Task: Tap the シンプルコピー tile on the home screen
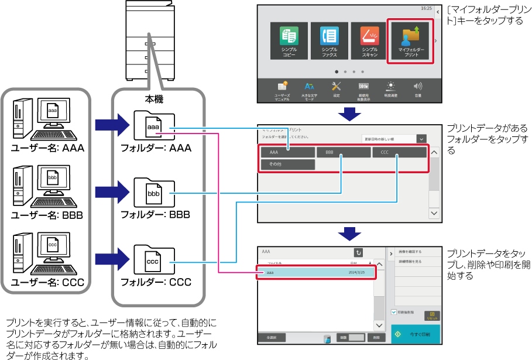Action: (x=289, y=40)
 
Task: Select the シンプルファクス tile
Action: (x=329, y=40)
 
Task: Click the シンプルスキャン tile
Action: (x=369, y=40)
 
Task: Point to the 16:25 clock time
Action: (x=426, y=9)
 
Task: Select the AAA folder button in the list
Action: (x=288, y=152)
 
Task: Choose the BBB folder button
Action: (x=343, y=152)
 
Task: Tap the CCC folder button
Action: (x=399, y=152)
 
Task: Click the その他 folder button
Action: (x=288, y=164)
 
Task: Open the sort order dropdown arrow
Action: (x=421, y=139)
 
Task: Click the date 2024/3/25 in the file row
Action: (x=356, y=273)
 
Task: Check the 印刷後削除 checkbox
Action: (x=394, y=313)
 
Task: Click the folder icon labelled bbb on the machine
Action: (x=154, y=193)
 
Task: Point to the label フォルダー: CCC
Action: (x=156, y=282)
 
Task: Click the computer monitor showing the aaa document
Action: (x=53, y=111)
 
